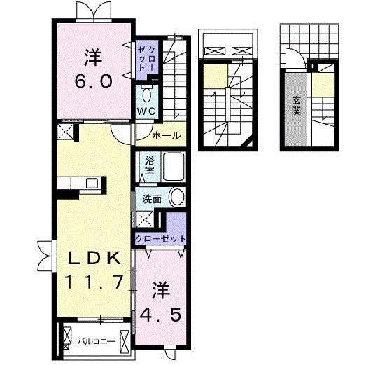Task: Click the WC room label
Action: [147, 111]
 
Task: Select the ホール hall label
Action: [167, 136]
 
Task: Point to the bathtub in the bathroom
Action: [174, 167]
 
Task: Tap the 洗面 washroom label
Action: [152, 200]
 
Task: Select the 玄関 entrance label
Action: [296, 106]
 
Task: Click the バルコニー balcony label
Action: [97, 341]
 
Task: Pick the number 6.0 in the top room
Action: [94, 81]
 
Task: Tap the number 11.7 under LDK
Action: [95, 282]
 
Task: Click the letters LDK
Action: [94, 258]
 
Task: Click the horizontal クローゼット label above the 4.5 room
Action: [161, 239]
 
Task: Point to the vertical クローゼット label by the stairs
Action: [146, 59]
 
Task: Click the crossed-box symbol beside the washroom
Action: [145, 219]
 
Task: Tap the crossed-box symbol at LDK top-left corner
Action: [65, 132]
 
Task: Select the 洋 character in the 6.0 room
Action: [94, 57]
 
